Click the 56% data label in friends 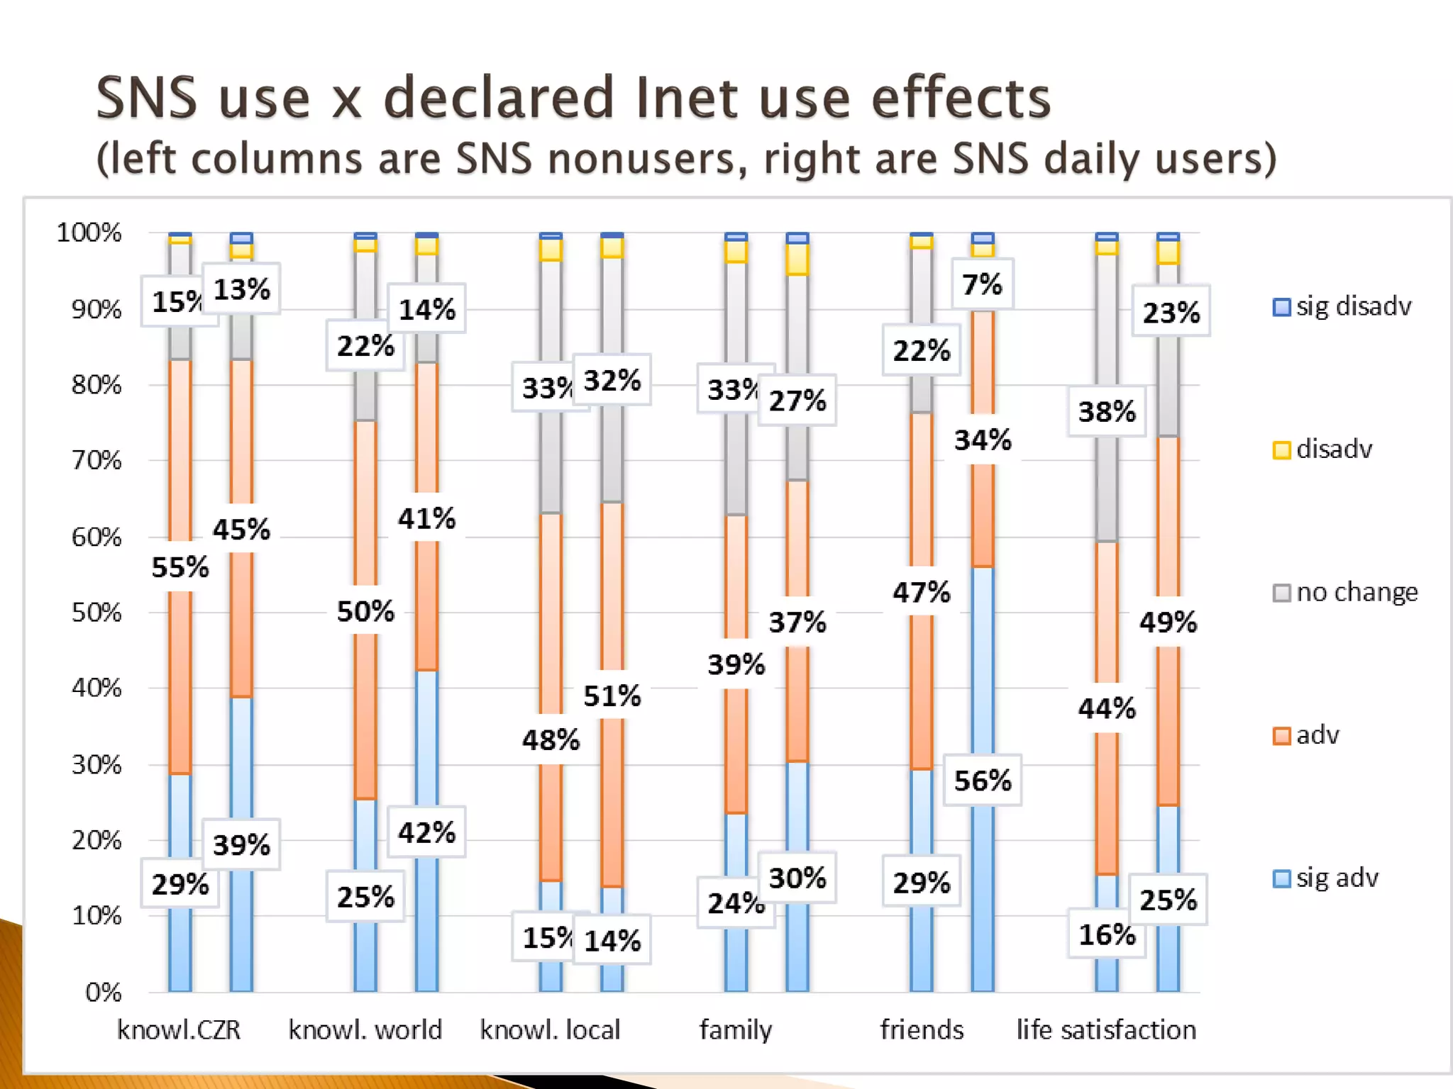click(x=982, y=781)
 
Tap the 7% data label click(x=982, y=284)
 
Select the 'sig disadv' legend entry click(x=1342, y=307)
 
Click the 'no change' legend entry click(x=1346, y=592)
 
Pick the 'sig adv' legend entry click(x=1326, y=878)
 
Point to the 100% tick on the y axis click(x=89, y=233)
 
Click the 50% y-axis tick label click(x=96, y=613)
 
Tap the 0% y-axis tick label click(x=104, y=993)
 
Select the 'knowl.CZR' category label click(x=179, y=1029)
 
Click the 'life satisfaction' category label click(x=1106, y=1029)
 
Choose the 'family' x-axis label click(x=736, y=1029)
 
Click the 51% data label click(x=612, y=696)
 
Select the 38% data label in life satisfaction click(x=1107, y=411)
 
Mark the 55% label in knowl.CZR click(x=180, y=567)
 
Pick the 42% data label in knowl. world click(x=426, y=832)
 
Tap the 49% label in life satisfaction click(x=1168, y=622)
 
